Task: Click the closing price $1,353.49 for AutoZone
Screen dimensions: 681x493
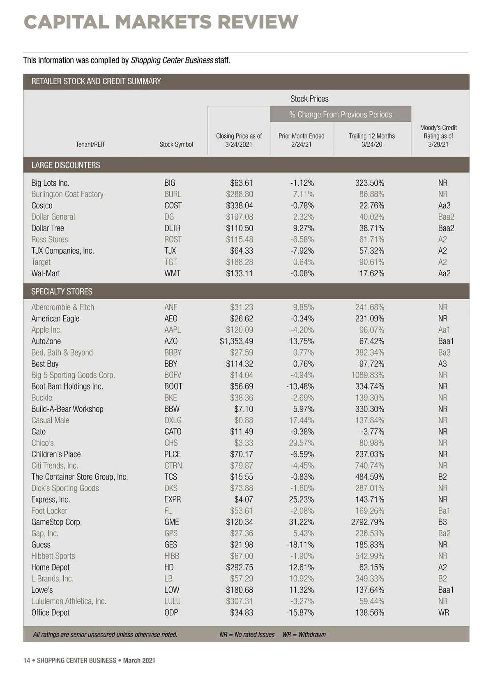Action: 236,341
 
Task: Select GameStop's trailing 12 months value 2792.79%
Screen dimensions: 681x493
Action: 368,522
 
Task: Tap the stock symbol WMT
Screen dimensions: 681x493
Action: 172,273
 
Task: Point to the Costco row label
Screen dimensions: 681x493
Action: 42,205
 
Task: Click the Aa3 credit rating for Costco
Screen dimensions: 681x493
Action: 444,205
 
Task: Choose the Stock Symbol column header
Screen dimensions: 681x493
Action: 176,144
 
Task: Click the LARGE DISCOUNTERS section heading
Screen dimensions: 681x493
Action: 66,165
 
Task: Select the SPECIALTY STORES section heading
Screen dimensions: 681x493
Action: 62,291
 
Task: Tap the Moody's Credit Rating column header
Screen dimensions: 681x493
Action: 438,136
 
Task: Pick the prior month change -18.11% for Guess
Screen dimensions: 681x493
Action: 300,545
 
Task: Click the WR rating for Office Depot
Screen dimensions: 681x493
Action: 443,612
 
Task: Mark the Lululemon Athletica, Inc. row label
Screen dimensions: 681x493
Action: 69,601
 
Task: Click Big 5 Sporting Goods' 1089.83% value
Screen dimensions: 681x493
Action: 368,375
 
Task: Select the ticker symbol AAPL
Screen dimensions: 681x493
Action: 173,330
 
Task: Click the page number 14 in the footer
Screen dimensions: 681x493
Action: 27,660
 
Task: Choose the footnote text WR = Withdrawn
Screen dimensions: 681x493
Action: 304,635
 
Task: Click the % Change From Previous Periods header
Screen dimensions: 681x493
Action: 341,114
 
